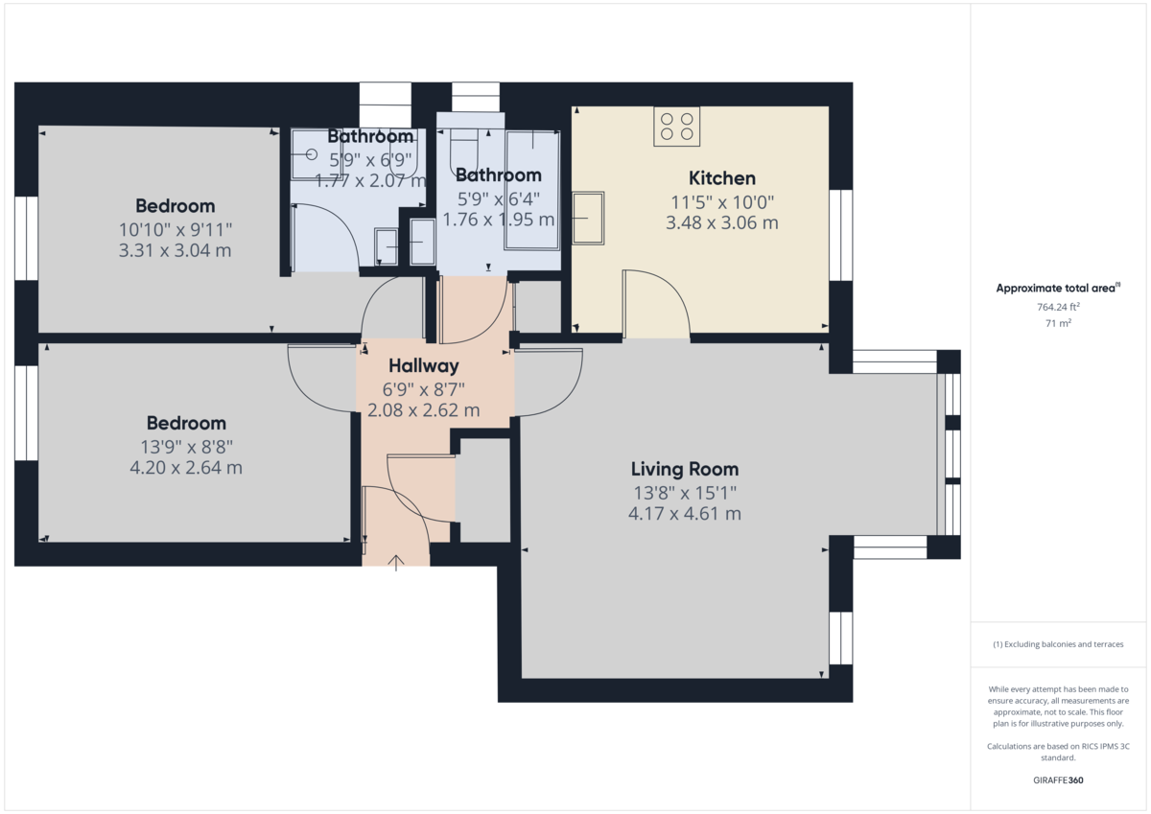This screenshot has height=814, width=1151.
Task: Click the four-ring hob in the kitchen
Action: point(676,127)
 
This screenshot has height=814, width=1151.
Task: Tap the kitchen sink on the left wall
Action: point(588,218)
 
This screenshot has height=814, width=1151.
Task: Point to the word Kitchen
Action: point(721,178)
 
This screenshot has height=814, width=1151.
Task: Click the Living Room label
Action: point(684,470)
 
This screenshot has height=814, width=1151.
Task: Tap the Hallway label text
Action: point(423,366)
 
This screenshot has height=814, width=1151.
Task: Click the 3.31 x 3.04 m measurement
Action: point(175,251)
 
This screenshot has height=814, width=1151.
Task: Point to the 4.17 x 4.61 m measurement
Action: point(684,514)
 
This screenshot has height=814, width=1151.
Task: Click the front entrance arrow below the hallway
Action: point(396,562)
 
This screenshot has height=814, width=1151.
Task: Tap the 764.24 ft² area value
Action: point(1058,308)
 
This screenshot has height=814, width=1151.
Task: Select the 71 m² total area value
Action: point(1058,324)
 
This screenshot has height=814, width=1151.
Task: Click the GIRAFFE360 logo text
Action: point(1058,780)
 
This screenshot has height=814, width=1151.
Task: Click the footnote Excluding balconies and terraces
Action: point(1058,644)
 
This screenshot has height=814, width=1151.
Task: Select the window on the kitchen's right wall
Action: point(840,235)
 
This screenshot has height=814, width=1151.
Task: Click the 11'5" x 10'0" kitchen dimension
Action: point(721,202)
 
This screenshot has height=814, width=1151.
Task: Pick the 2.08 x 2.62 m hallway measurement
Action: point(423,411)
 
